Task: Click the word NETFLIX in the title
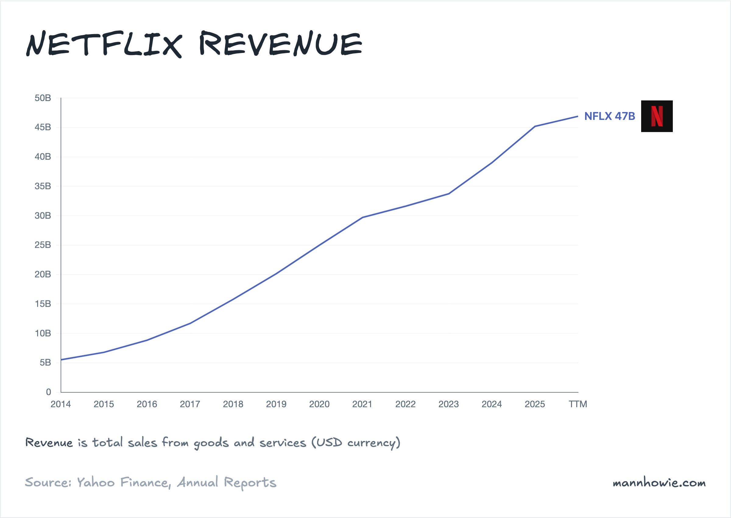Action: [104, 44]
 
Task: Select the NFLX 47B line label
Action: [609, 116]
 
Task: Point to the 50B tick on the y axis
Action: [43, 98]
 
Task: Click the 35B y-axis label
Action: [43, 186]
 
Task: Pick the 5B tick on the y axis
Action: [45, 363]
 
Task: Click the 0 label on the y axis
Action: [48, 392]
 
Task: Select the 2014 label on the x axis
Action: [61, 404]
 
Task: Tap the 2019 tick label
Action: [276, 404]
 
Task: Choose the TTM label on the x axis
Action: [578, 404]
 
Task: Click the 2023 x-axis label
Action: [448, 404]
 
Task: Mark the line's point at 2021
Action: [363, 218]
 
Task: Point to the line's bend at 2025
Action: [535, 126]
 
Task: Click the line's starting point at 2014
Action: [61, 360]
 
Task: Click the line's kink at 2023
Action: [449, 194]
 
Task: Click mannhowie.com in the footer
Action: [659, 483]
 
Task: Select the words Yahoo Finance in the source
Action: [123, 483]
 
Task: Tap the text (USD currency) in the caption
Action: [356, 443]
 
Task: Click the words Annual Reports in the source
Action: [227, 483]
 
